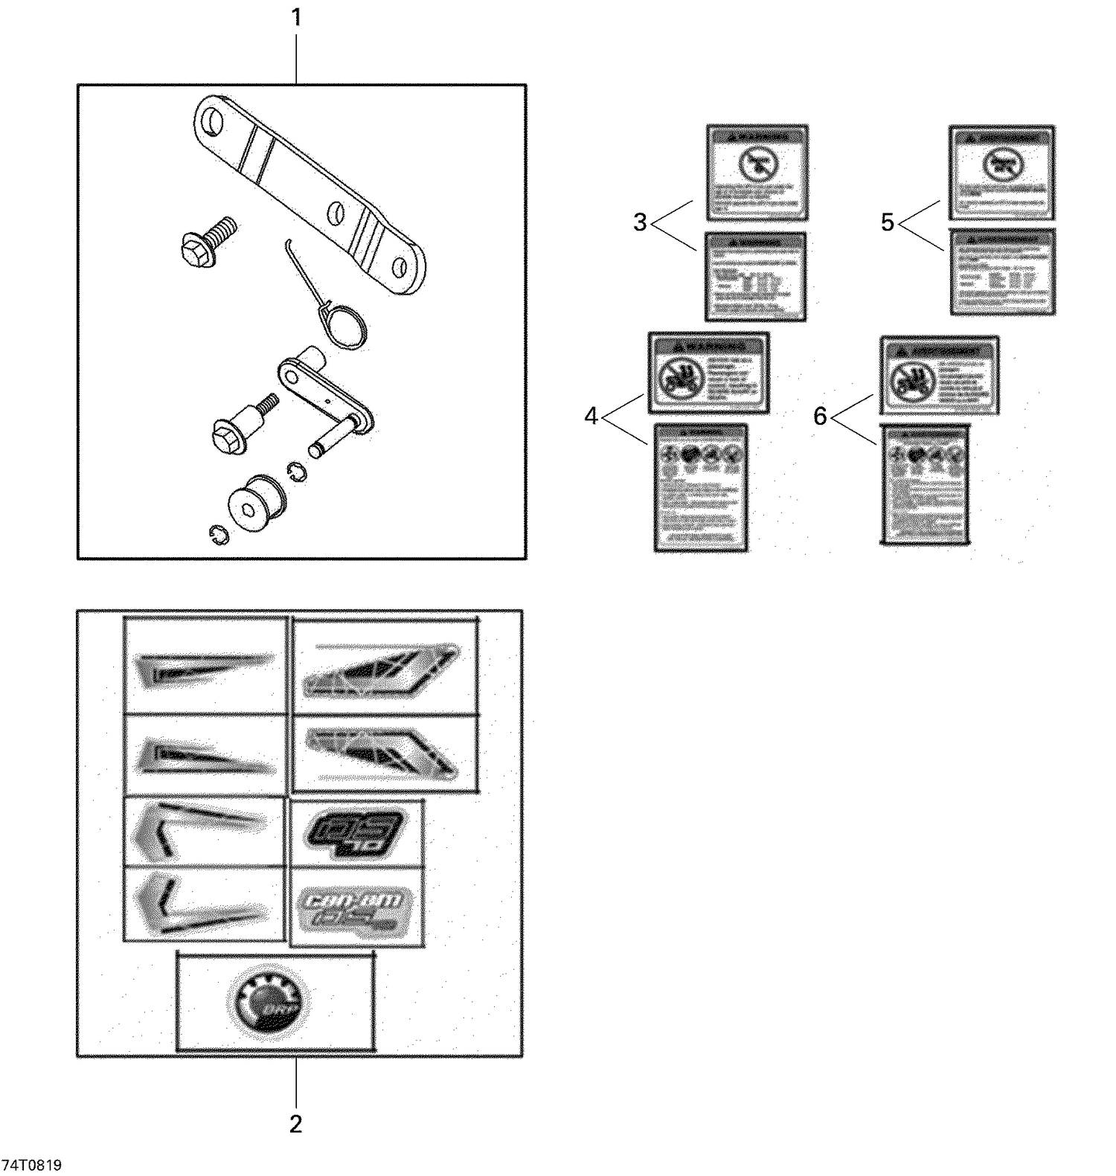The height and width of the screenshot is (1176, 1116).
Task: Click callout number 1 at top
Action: click(x=296, y=18)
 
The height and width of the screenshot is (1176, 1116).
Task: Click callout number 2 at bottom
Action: click(x=295, y=1124)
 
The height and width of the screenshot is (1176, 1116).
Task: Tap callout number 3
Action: click(x=640, y=222)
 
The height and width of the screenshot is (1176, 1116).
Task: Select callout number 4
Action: click(x=591, y=417)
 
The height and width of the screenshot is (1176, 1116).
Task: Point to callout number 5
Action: click(x=887, y=222)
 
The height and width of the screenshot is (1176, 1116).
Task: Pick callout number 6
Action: click(x=820, y=417)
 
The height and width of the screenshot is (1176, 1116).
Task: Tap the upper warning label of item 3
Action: click(x=757, y=173)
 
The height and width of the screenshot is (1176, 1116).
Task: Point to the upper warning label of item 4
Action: click(x=708, y=373)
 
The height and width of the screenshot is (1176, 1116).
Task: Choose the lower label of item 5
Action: click(x=1002, y=271)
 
